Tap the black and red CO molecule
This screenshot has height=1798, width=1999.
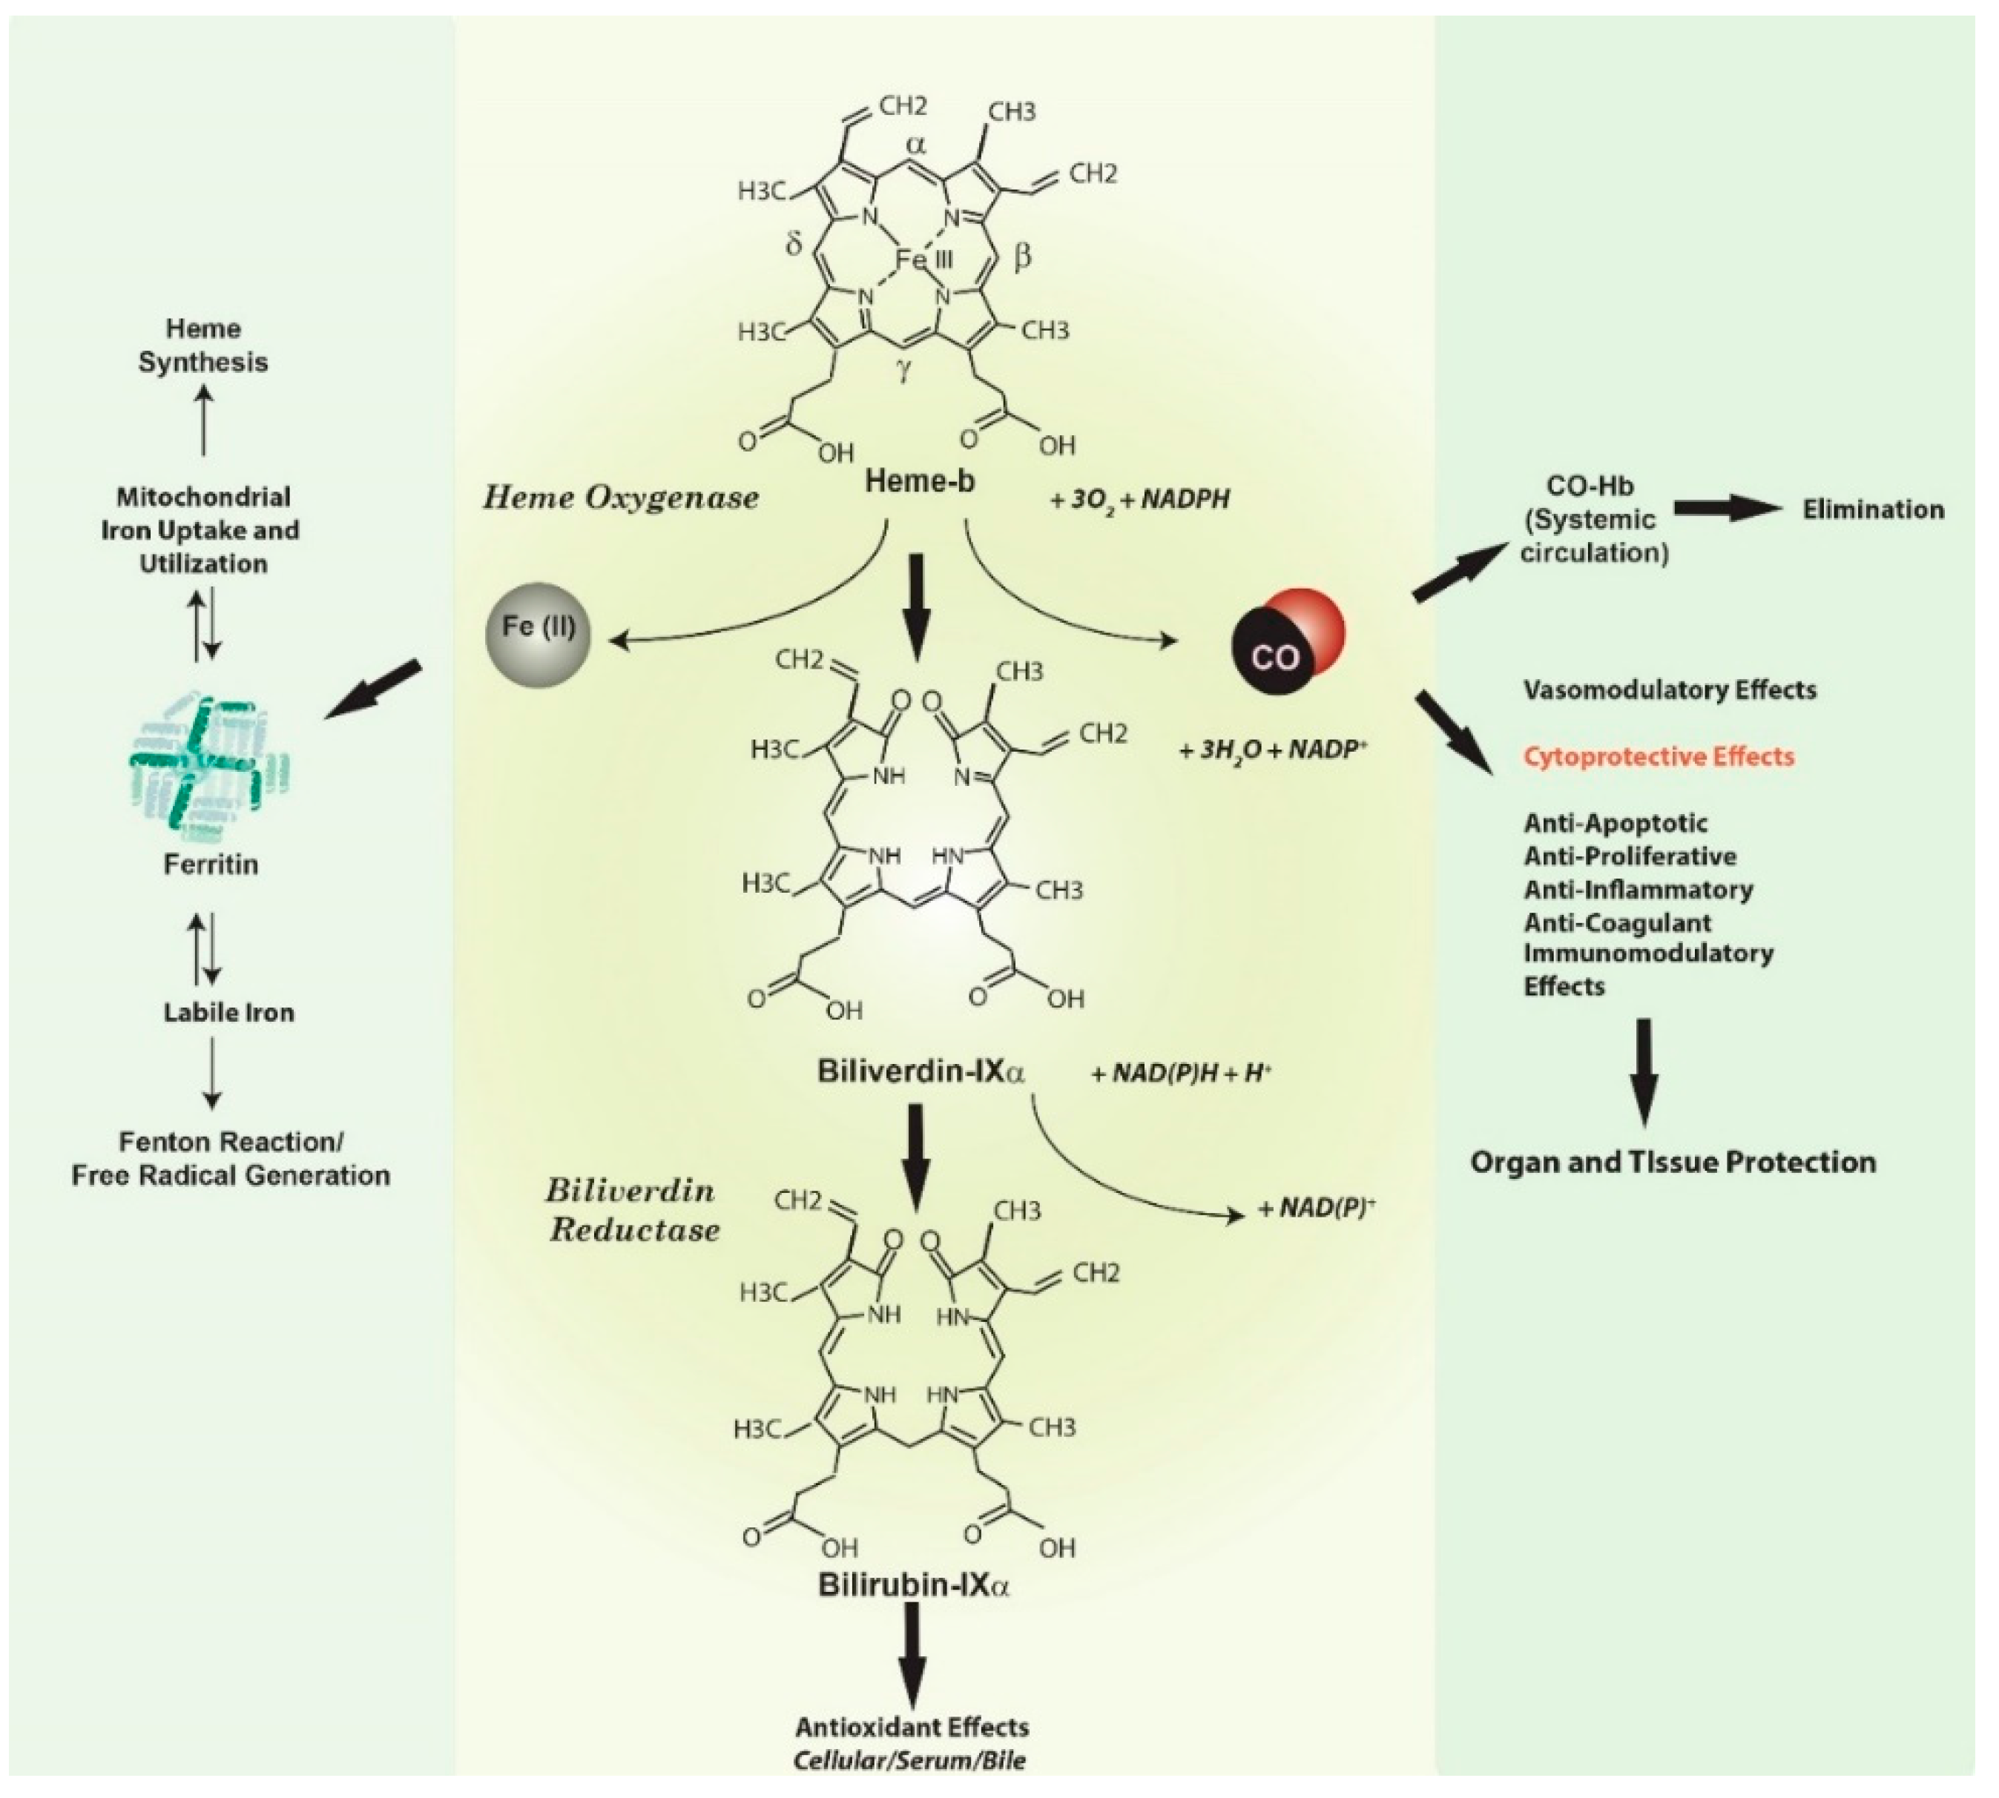click(1285, 644)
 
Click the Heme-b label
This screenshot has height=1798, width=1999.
click(919, 481)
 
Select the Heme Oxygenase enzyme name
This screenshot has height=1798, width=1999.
click(621, 497)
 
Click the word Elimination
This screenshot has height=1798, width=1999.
click(1872, 510)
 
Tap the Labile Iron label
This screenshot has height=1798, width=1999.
click(228, 1011)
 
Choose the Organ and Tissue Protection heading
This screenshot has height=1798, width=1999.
click(1672, 1161)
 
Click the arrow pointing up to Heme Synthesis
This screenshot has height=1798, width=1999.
click(203, 420)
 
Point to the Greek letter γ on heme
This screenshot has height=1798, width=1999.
click(903, 372)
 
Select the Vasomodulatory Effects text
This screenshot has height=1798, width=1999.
click(1669, 690)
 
